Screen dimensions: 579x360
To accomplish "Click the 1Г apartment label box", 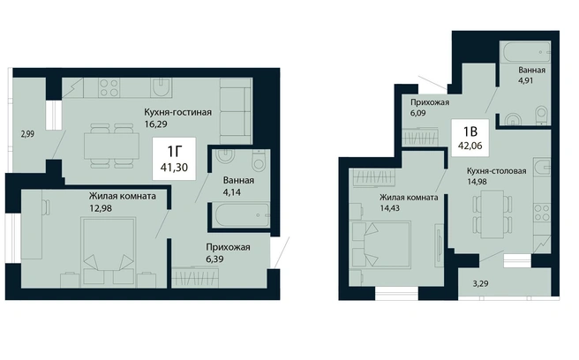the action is pos(174,159).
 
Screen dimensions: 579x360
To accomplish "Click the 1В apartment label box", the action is pos(470,138).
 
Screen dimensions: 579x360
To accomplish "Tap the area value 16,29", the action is pos(155,124).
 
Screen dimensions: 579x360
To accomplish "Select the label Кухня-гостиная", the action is pos(177,112).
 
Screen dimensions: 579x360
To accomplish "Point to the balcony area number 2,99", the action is pos(27,134).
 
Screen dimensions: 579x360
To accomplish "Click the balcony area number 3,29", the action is pos(480,283).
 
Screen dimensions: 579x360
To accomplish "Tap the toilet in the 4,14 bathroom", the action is pos(259,161).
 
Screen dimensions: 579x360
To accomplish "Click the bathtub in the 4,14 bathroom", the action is pos(240,214).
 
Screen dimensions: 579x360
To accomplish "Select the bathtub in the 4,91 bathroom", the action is pos(525,52).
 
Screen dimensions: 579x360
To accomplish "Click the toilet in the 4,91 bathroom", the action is pos(542,116).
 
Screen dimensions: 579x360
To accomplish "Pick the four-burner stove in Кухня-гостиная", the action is pos(109,88).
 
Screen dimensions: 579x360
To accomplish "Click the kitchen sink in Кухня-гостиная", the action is pos(162,88).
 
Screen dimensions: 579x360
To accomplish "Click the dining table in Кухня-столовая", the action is pos(493,214).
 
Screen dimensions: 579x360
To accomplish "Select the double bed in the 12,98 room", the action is pos(109,252).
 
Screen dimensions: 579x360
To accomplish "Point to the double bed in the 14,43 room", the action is pos(381,244).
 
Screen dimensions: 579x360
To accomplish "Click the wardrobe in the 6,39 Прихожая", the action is pos(195,277).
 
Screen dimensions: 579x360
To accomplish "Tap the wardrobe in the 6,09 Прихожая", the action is pos(421,137).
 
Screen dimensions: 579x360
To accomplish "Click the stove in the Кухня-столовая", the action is pos(542,213).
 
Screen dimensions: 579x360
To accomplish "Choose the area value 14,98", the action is pos(477,181).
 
